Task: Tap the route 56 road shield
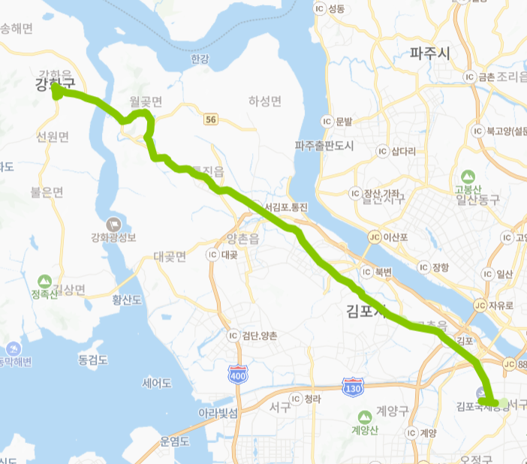[211, 119]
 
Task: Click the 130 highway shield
[351, 387]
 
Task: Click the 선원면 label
[52, 137]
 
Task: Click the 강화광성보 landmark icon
[114, 224]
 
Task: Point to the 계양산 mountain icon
[365, 416]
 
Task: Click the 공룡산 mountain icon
[468, 176]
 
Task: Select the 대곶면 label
[169, 257]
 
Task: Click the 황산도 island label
[127, 300]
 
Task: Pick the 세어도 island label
[158, 383]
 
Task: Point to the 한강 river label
[199, 59]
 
